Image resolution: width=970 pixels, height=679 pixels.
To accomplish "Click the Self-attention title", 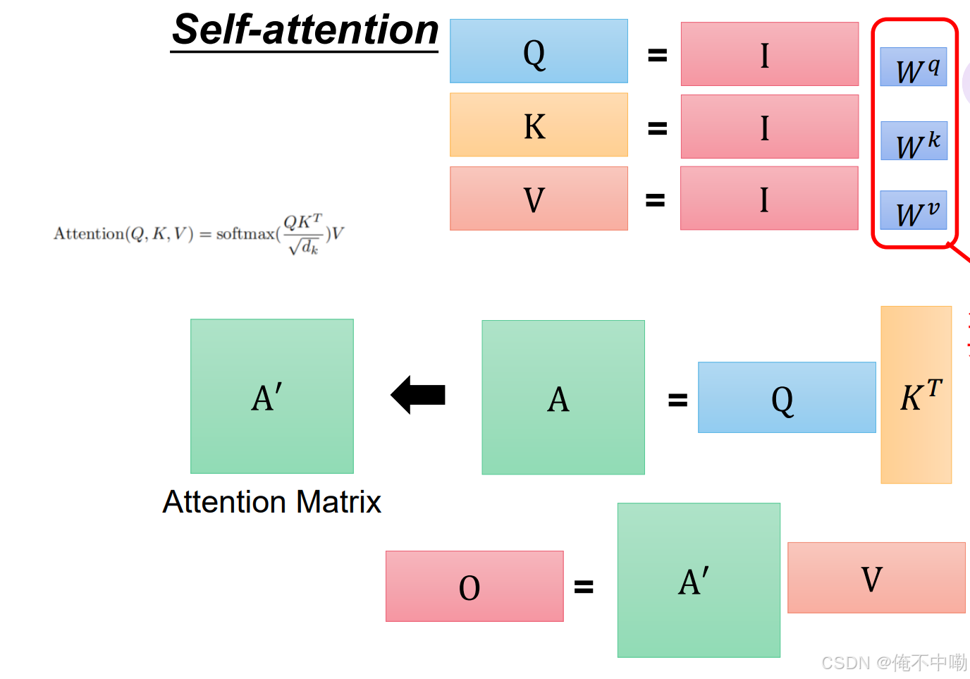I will [x=305, y=30].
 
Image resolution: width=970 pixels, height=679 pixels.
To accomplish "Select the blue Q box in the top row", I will [x=539, y=51].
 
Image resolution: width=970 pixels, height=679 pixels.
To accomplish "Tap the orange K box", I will [x=539, y=125].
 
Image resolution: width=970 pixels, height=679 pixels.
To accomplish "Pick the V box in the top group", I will [x=539, y=198].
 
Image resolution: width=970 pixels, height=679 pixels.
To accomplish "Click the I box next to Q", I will [x=769, y=54].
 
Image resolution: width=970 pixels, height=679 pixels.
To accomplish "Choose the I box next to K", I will [x=769, y=127].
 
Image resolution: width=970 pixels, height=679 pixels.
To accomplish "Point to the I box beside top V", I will [x=769, y=198].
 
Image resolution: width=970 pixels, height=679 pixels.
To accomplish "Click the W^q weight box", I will [x=914, y=68].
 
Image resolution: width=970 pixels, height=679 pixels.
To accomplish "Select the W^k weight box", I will [x=914, y=141].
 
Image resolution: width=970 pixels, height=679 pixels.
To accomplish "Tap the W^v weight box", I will [x=914, y=211].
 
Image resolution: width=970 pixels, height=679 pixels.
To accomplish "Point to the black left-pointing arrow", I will [x=419, y=395].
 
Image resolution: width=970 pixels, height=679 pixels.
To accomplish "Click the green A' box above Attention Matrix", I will [x=272, y=396].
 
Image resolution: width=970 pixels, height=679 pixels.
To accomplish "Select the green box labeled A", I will [x=563, y=398].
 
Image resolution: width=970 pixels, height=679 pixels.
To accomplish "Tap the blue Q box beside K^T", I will [x=787, y=398].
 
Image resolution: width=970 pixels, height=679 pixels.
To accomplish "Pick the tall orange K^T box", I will [x=916, y=395].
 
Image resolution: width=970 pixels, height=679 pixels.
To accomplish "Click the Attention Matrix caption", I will [x=271, y=502].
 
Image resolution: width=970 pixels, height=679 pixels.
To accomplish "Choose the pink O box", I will [x=474, y=586].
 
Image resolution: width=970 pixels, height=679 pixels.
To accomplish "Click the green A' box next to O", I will [x=699, y=580].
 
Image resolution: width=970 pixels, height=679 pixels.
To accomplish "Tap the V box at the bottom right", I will [x=876, y=577].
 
